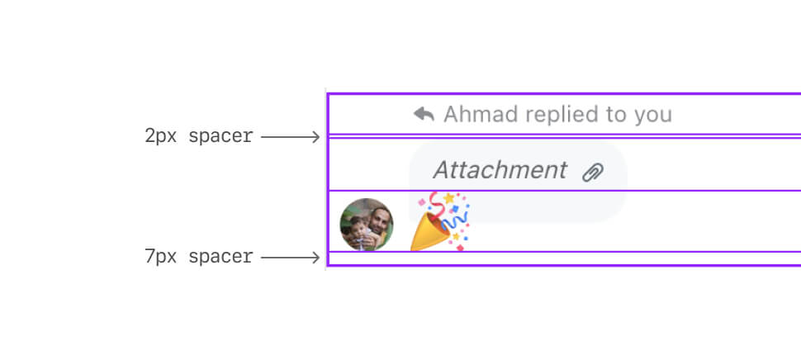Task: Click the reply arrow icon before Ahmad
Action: click(x=424, y=114)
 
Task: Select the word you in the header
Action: click(x=653, y=114)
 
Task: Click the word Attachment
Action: click(x=500, y=170)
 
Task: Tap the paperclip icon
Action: click(x=593, y=172)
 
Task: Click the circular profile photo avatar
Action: click(x=366, y=225)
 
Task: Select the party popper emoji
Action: click(x=439, y=221)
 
